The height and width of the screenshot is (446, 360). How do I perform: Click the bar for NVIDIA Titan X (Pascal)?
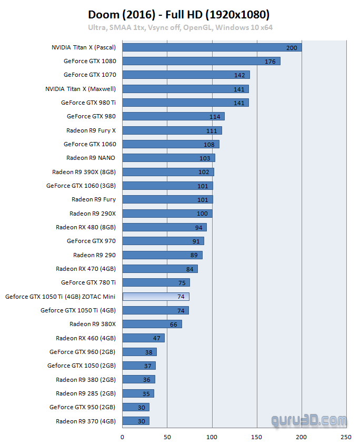point(212,47)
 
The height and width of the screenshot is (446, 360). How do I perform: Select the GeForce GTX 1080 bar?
point(201,61)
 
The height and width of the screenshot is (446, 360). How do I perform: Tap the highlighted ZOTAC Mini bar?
point(156,297)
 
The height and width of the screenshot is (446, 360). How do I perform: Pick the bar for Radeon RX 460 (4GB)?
point(144,338)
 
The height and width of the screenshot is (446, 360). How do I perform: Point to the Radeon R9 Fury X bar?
point(172,130)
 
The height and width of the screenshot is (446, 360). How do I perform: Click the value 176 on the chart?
point(270,62)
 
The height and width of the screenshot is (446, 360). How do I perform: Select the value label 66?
point(174,325)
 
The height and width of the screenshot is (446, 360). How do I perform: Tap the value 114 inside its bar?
point(215,117)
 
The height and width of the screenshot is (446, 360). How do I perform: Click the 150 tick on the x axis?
point(257,437)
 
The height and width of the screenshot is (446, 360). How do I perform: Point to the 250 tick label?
point(346,437)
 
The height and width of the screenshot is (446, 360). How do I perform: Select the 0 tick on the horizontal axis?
point(123,437)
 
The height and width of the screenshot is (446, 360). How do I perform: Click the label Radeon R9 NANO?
point(91,158)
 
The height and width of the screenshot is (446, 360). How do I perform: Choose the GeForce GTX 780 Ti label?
point(88,282)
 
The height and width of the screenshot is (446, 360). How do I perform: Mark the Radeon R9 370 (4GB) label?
point(86,421)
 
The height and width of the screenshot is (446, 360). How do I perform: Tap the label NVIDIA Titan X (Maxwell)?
point(81,89)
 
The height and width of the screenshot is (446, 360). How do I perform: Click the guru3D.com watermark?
point(309,421)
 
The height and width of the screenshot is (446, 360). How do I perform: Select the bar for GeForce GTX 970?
point(163,241)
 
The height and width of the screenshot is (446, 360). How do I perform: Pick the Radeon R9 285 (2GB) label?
point(86,393)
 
